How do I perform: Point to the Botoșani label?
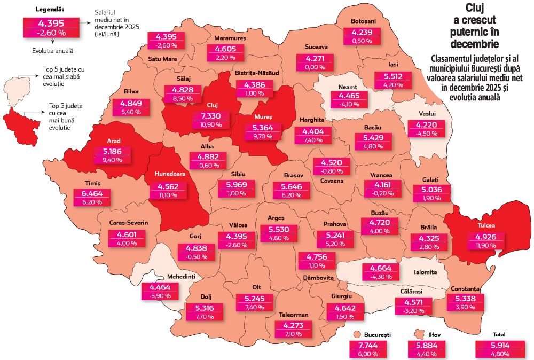[x=364, y=21]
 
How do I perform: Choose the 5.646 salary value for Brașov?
[x=289, y=187]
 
